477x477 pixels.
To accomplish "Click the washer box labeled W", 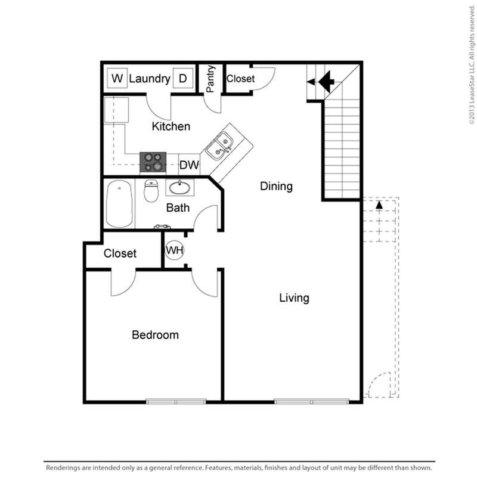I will coord(117,78).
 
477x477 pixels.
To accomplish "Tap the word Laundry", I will coord(150,79).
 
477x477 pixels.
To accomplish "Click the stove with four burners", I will coord(153,162).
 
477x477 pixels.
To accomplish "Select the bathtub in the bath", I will coord(119,205).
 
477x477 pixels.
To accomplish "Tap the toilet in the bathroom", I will coord(151,191).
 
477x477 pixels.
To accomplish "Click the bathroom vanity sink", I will coord(179,188).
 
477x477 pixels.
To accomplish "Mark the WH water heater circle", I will coord(174,250).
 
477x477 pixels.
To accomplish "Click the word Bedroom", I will coord(155,335).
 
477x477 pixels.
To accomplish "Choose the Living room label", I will coord(295,298).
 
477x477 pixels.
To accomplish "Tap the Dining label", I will coord(276,187).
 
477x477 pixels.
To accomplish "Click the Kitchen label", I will coord(171,126).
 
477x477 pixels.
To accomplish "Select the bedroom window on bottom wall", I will coord(176,401).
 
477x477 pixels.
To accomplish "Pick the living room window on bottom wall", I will coord(311,401).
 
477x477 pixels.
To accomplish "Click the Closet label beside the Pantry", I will coord(241,79).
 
